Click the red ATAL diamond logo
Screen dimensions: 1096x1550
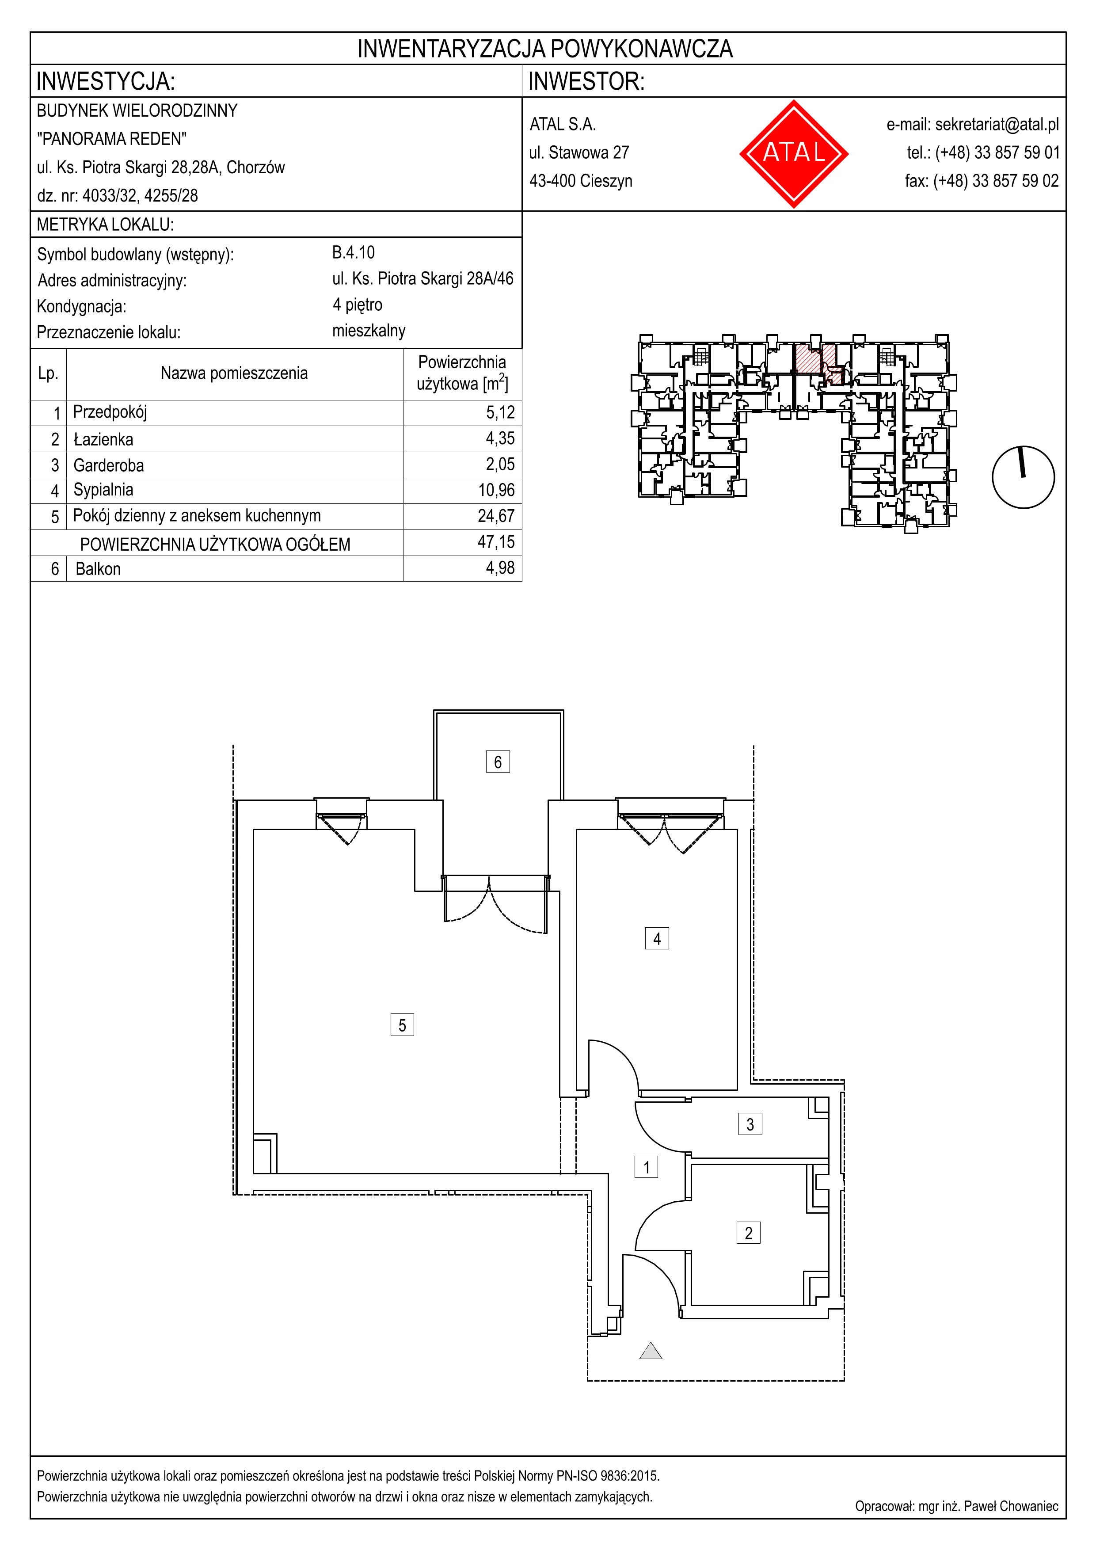(x=794, y=153)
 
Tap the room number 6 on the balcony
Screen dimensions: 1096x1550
(x=498, y=762)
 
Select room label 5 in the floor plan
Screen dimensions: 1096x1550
(x=402, y=1025)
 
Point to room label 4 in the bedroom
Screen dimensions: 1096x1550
(x=657, y=938)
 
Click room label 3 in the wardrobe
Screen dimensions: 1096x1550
(x=750, y=1124)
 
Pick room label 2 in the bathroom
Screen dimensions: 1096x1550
(x=749, y=1233)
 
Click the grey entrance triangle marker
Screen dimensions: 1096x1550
(x=651, y=1350)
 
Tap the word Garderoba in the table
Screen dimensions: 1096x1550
(x=109, y=465)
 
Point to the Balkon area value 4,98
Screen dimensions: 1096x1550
(x=500, y=568)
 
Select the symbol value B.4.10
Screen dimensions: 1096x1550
(x=353, y=252)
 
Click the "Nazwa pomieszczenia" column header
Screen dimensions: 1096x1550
(x=234, y=373)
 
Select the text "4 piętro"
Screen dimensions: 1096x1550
(x=357, y=305)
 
